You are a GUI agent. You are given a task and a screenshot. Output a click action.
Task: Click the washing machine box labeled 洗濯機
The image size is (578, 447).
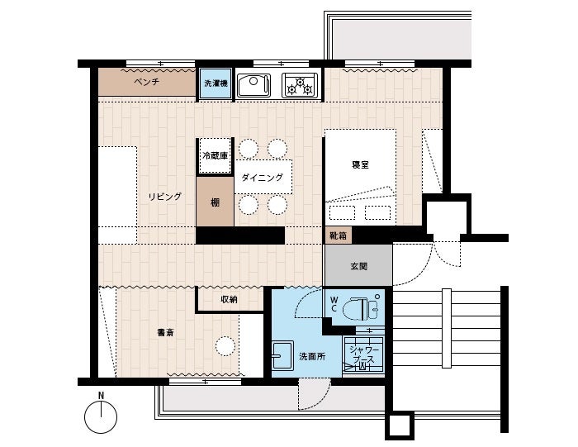[216, 83]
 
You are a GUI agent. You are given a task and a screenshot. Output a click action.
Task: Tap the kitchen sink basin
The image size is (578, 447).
[253, 86]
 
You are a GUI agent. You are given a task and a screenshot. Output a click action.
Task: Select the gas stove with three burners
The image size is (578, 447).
[300, 86]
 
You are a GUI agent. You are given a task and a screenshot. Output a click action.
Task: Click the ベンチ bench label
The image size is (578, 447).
[147, 82]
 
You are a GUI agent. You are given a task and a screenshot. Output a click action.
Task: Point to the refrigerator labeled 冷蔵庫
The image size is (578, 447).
[216, 155]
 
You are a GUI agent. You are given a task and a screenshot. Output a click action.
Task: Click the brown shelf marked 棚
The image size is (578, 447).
[215, 202]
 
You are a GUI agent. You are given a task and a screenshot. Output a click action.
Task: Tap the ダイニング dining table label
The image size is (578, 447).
[262, 178]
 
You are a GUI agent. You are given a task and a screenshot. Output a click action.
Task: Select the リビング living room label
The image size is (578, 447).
[165, 197]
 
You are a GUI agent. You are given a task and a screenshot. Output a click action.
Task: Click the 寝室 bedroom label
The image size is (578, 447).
[360, 165]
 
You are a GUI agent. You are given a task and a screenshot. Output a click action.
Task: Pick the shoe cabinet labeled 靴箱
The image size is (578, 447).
[338, 235]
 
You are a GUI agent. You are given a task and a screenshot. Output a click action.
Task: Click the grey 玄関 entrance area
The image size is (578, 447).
[358, 265]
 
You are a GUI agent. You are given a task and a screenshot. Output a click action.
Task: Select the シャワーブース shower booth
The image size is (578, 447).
[363, 354]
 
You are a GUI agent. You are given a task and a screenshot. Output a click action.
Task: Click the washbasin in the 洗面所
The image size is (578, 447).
[282, 355]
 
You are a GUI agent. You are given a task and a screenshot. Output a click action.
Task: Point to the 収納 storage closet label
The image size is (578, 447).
[229, 299]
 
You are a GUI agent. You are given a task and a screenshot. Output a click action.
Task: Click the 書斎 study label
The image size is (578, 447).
[165, 333]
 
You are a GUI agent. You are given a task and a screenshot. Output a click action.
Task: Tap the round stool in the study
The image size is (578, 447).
[225, 346]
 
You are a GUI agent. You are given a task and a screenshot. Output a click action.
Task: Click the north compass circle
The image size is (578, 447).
[101, 417]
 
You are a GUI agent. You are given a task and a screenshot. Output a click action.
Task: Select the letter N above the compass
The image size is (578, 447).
[101, 396]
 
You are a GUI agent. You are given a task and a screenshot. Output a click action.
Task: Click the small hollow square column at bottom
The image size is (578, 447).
[400, 426]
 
